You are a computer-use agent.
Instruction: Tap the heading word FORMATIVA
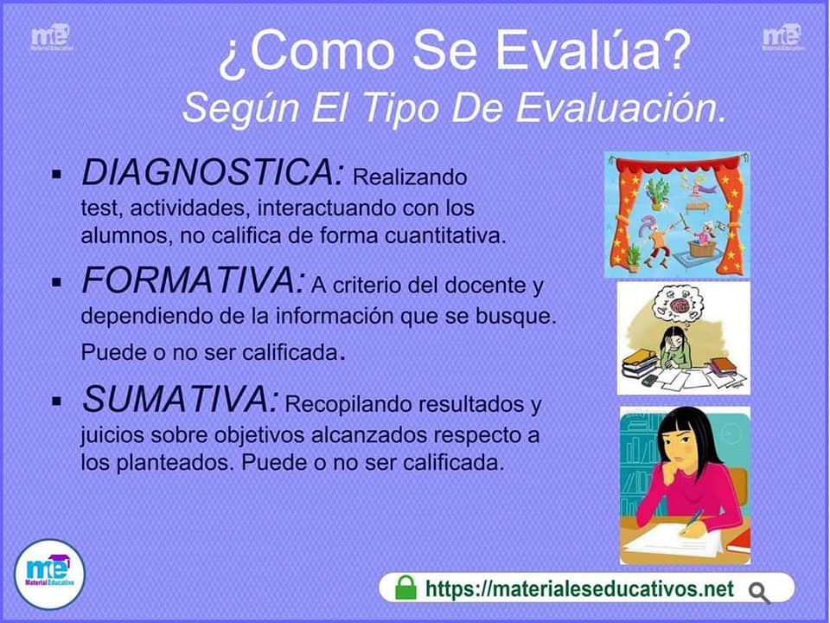coord(193,279)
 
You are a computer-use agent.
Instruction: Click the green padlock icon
coord(406,588)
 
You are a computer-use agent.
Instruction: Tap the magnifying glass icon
coord(760,593)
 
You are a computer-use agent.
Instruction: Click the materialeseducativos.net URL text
coord(579,588)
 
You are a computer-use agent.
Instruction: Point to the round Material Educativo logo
coord(50,575)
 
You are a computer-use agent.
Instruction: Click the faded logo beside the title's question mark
coord(782,37)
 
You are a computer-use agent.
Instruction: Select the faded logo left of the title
coord(51,37)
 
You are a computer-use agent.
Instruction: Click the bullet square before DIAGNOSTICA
coord(57,174)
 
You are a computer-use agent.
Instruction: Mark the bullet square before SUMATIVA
coord(57,401)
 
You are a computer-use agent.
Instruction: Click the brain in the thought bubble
coord(680,305)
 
